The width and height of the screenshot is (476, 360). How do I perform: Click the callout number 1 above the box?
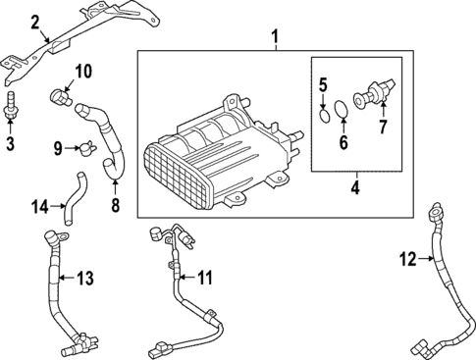(x=276, y=39)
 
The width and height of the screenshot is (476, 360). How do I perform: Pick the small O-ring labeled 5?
(x=325, y=118)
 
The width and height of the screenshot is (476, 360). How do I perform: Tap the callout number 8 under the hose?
(x=116, y=205)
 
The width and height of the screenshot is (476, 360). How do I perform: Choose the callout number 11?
(x=204, y=278)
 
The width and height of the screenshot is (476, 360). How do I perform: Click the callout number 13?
(x=85, y=278)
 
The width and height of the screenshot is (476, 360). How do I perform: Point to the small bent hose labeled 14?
(x=73, y=195)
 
